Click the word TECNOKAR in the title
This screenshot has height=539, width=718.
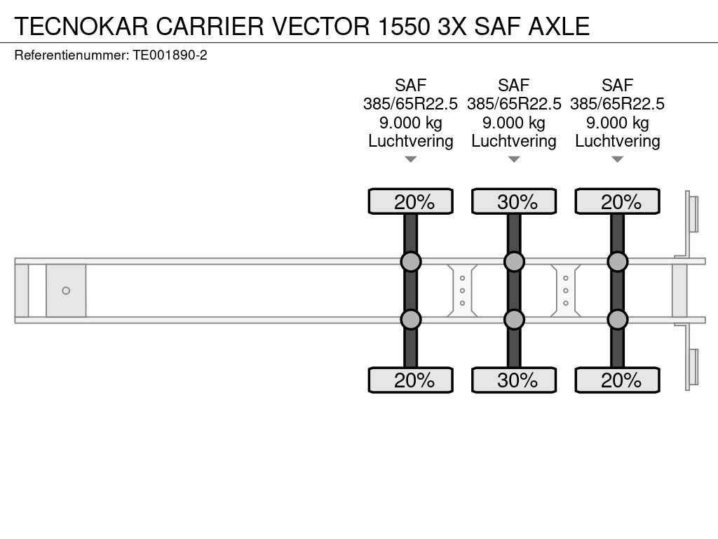81,26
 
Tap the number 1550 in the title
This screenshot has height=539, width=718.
403,26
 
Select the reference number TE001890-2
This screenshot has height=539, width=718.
170,55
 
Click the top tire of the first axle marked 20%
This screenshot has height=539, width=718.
411,201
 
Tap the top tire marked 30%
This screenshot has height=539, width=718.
514,201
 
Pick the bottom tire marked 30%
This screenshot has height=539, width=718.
514,380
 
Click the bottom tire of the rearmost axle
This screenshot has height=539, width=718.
617,380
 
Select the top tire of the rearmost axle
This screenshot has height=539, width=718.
617,201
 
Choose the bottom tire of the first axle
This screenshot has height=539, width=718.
411,380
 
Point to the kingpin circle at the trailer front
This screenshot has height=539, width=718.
66,291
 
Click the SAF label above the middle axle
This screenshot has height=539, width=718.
514,85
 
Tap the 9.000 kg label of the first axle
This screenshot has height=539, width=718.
411,123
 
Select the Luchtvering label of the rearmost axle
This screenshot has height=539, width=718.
617,141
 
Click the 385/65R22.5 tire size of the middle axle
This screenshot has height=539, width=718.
514,104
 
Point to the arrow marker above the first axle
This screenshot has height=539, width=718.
411,159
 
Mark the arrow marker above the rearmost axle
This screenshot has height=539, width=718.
617,159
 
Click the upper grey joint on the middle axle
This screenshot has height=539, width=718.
514,262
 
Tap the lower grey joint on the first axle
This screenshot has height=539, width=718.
411,319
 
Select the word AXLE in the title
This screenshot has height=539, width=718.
559,26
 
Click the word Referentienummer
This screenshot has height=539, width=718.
72,55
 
